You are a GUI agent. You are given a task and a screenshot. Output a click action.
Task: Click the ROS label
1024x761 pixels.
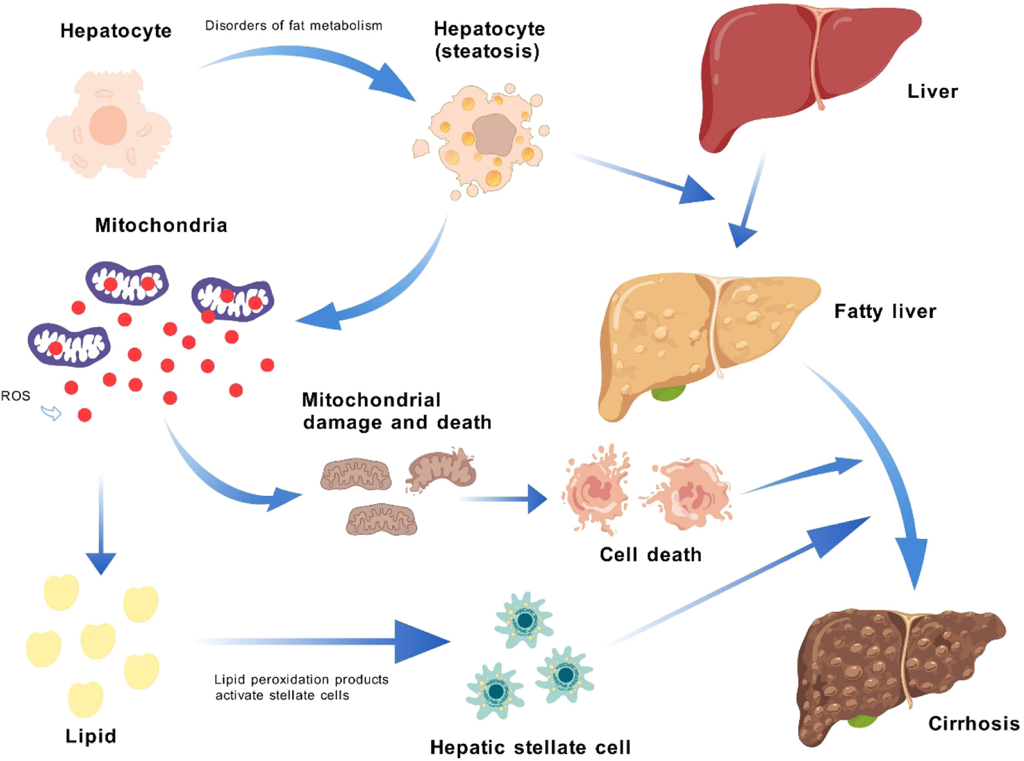point(15,396)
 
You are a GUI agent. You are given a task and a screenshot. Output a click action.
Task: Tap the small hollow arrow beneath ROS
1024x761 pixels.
point(51,413)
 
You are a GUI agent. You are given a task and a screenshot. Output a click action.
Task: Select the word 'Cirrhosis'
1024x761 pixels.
point(973,723)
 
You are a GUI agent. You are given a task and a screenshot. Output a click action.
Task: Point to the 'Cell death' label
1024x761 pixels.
point(650,555)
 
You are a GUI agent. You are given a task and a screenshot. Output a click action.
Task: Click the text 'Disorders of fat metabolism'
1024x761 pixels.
point(294,26)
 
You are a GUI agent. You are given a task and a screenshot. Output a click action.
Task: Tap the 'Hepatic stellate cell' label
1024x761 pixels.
point(530,747)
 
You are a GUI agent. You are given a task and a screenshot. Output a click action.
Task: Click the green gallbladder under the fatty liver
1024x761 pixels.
point(668,393)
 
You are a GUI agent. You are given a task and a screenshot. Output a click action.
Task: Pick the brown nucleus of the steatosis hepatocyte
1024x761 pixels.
point(493,134)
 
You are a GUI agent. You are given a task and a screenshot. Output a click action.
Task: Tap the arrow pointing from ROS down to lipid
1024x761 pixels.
point(101,530)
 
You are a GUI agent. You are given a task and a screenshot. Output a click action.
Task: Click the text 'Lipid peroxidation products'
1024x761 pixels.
point(301,679)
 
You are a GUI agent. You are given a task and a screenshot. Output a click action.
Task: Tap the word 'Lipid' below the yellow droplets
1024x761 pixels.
point(91,736)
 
